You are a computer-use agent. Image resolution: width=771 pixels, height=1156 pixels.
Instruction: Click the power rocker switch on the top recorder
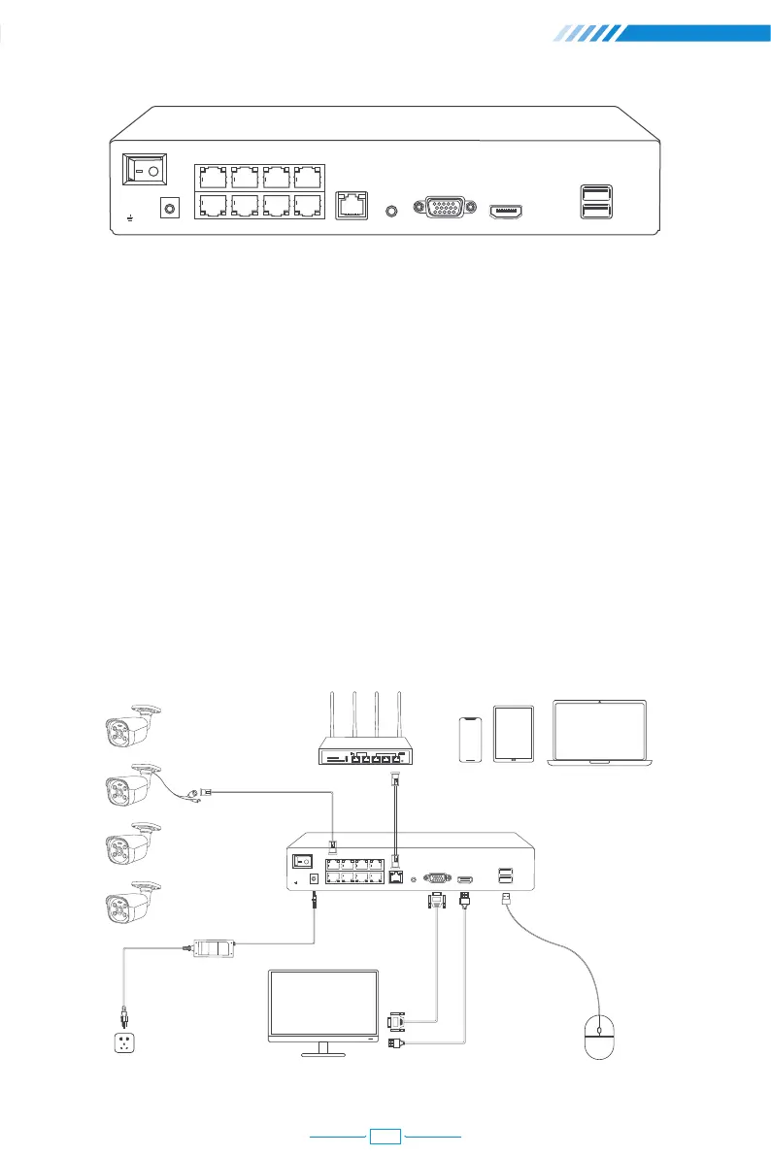(145, 170)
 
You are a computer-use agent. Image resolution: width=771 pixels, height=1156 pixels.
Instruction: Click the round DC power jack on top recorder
(171, 209)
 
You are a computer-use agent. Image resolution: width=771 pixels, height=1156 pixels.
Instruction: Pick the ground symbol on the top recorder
(132, 217)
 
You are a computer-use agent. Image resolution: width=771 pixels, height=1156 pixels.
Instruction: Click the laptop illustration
(601, 733)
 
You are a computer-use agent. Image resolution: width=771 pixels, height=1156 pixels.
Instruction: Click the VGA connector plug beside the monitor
(395, 1022)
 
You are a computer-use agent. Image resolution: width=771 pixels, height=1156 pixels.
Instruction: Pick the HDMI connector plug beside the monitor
(393, 1043)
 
